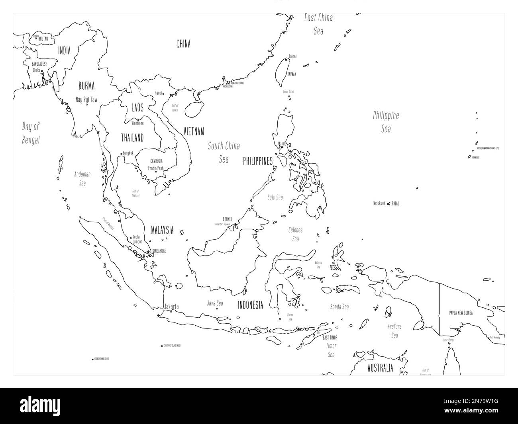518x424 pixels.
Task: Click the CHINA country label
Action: point(183,44)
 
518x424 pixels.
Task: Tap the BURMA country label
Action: point(86,85)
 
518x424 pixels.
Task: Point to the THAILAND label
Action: point(132,138)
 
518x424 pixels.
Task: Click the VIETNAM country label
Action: point(194,131)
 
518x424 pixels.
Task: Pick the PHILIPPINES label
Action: point(258,161)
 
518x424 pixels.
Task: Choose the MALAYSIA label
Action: point(162,230)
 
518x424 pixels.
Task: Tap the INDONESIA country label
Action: point(250,305)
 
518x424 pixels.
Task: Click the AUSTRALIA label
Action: point(380,367)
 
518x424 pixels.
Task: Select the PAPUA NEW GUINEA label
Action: point(461,313)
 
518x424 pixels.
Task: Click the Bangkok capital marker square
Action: point(121,154)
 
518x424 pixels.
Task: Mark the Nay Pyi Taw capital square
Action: point(86,105)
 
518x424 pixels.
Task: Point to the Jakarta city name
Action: point(171,307)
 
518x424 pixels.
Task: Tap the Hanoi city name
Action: point(158,93)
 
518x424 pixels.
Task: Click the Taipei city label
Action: point(292,57)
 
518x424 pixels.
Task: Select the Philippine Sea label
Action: point(386,122)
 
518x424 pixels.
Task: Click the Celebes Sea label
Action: point(295,234)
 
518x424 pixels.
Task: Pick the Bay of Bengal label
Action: point(31,133)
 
